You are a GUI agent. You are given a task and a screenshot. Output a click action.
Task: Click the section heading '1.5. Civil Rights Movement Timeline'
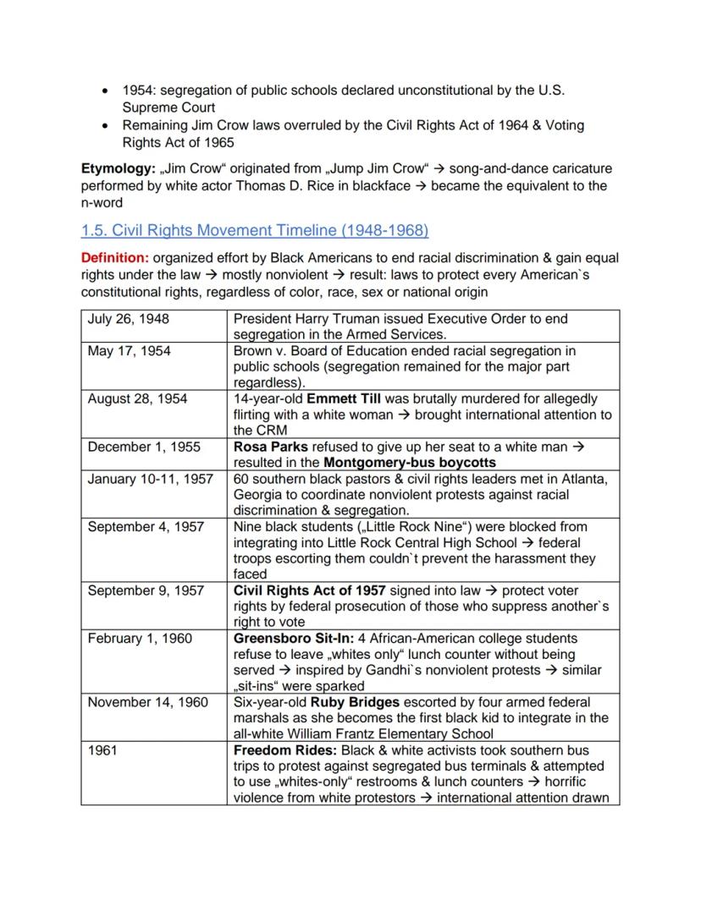tap(254, 230)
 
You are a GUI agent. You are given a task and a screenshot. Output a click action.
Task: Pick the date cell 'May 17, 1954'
tap(129, 351)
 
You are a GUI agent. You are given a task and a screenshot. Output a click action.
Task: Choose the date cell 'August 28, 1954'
tap(137, 398)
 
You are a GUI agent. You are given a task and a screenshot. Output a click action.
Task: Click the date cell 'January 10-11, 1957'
tap(150, 479)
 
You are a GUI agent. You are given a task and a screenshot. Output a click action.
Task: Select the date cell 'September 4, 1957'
tap(146, 526)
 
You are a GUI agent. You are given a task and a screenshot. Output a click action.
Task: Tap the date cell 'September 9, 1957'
tap(146, 590)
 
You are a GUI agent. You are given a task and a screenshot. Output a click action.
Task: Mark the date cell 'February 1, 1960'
tap(140, 638)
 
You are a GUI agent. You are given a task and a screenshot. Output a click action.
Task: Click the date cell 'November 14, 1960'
tap(147, 702)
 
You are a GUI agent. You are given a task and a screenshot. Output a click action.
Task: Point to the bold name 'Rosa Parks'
tap(271, 447)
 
